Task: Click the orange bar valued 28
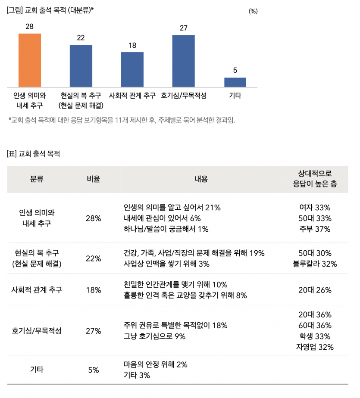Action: pyautogui.click(x=29, y=60)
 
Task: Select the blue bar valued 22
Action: pyautogui.click(x=81, y=65)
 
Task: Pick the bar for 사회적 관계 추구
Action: pyautogui.click(x=132, y=69)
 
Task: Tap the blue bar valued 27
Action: pyautogui.click(x=183, y=61)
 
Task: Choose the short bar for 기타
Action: pyautogui.click(x=235, y=82)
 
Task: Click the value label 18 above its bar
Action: pyautogui.click(x=132, y=45)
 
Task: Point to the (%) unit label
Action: pyautogui.click(x=253, y=12)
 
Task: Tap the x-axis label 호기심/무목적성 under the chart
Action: pyautogui.click(x=183, y=96)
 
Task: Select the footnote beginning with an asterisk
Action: pyautogui.click(x=122, y=120)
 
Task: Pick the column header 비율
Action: pyautogui.click(x=93, y=179)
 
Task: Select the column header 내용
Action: pyautogui.click(x=201, y=179)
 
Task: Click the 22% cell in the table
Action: pyautogui.click(x=93, y=258)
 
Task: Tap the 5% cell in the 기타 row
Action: pyautogui.click(x=93, y=370)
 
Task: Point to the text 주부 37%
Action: pyautogui.click(x=314, y=229)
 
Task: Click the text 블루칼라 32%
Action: pyautogui.click(x=314, y=264)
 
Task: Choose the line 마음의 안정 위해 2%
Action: pyautogui.click(x=155, y=364)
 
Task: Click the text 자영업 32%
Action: pyautogui.click(x=314, y=347)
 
